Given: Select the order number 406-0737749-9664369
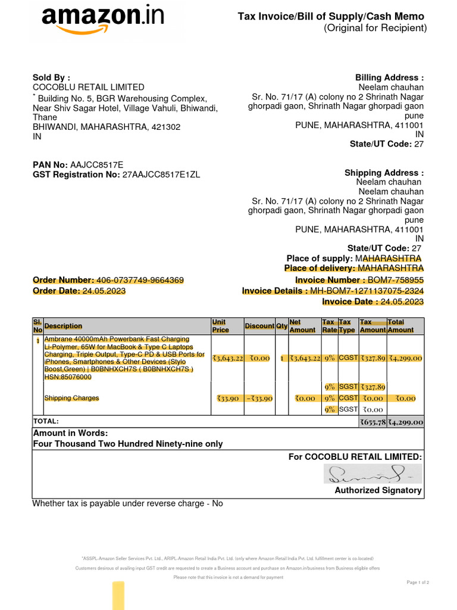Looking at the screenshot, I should (140, 280).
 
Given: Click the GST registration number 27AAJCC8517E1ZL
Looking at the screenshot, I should (161, 175).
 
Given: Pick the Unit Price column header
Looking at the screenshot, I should (220, 326).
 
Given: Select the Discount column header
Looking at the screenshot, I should (259, 326).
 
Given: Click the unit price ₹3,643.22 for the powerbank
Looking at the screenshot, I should (227, 358).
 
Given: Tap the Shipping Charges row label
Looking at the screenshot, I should (71, 398).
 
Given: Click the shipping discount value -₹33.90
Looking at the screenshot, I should (259, 398).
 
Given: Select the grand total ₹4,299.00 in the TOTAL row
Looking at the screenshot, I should (405, 422).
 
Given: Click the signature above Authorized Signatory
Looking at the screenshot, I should (373, 474).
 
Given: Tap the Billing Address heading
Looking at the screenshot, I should (389, 77).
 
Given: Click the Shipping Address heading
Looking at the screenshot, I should (384, 173).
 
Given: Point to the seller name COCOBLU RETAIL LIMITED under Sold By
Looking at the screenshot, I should (88, 87).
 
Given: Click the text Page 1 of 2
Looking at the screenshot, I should (417, 582).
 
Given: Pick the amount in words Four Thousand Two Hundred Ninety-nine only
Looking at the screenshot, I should (128, 444).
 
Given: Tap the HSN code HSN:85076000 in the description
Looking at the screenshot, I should (68, 377).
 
